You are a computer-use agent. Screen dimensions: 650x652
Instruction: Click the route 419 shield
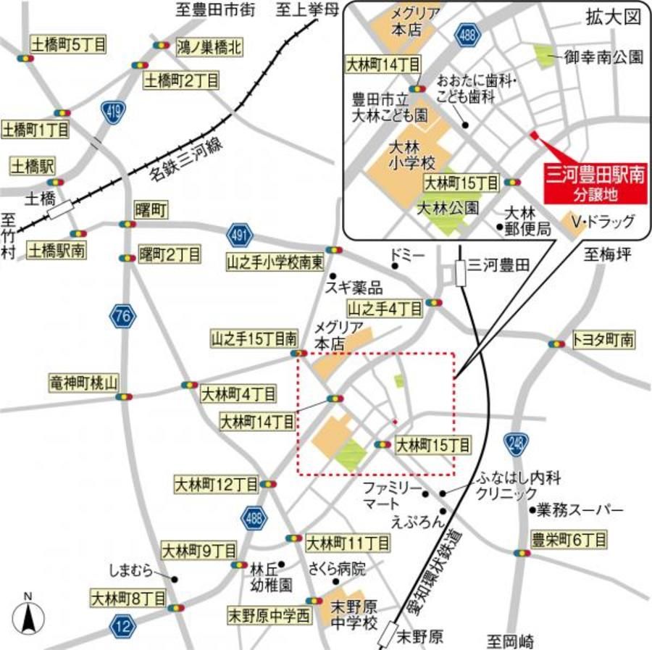pyautogui.click(x=113, y=113)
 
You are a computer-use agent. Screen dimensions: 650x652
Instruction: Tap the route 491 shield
pyautogui.click(x=238, y=235)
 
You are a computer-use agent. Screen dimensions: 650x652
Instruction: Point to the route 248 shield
pyautogui.click(x=516, y=443)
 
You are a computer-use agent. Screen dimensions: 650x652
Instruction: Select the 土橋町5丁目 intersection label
pyautogui.click(x=59, y=45)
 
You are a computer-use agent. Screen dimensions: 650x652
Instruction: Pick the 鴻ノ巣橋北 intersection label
pyautogui.click(x=210, y=49)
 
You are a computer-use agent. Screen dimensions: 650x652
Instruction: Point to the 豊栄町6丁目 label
pyautogui.click(x=568, y=539)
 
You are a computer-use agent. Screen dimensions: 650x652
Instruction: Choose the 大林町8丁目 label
pyautogui.click(x=128, y=599)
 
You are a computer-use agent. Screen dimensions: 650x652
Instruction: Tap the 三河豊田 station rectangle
pyautogui.click(x=460, y=273)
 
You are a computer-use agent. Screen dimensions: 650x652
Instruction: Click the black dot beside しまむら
pyautogui.click(x=175, y=578)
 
